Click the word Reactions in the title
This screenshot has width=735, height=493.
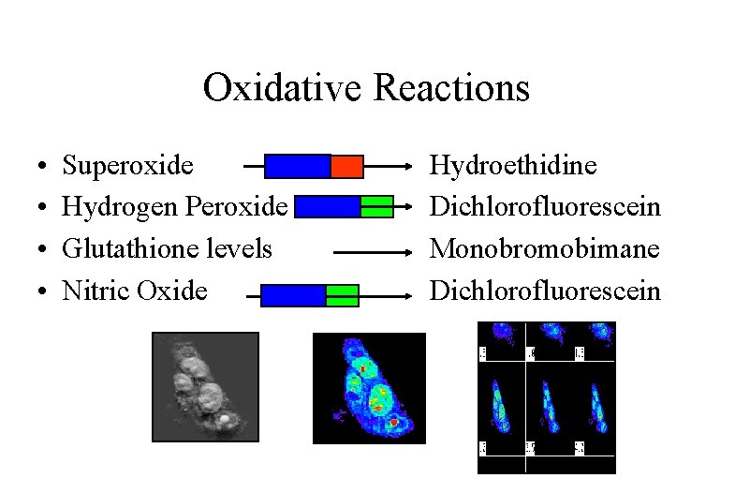tap(451, 89)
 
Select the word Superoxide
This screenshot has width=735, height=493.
tap(127, 166)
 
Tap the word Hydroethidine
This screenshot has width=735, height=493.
tap(512, 166)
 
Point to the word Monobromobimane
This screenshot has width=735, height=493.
tap(544, 248)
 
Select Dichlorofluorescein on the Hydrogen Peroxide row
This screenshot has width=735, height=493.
tap(544, 207)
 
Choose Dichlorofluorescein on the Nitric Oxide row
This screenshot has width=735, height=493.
tap(544, 291)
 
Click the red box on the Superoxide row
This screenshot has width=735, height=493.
tap(346, 166)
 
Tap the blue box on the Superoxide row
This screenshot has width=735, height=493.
tap(298, 166)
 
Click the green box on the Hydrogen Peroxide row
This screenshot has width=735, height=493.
tap(376, 206)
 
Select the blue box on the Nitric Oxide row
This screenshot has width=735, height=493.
tap(293, 296)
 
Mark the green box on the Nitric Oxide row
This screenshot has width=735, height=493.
tap(342, 296)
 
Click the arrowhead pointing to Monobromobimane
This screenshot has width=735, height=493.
tap(408, 252)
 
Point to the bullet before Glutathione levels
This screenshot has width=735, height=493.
tap(44, 250)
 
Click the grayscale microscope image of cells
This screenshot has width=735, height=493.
tap(205, 386)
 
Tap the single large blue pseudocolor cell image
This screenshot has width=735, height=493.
tap(369, 387)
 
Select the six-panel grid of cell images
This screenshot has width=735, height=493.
tap(547, 396)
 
